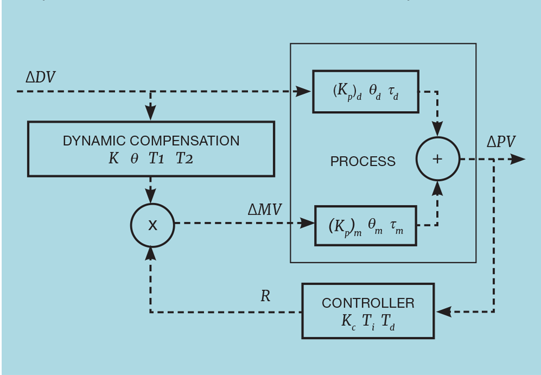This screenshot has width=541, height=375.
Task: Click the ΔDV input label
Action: [x=40, y=77]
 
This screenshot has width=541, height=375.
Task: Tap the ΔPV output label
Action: [x=500, y=142]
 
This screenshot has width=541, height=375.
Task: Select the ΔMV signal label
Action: [x=264, y=209]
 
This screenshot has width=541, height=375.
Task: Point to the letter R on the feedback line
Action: [x=265, y=296]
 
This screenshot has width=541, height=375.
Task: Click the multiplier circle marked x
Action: [x=152, y=225]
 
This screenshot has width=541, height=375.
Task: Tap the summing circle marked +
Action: [x=437, y=159]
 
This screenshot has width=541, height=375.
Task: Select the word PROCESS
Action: [x=363, y=162]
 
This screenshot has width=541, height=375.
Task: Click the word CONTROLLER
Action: [x=368, y=303]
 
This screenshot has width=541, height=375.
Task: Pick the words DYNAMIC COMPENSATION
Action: [x=151, y=141]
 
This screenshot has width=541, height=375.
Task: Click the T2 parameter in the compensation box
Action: [x=184, y=159]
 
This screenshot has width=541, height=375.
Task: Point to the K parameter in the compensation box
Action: [x=113, y=159]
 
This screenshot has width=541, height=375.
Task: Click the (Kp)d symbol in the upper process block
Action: [x=347, y=92]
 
